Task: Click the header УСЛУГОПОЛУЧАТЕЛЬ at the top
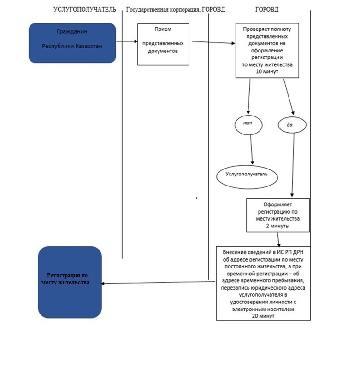pos(85,10)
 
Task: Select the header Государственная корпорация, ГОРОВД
pos(176,10)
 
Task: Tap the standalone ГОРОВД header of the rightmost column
pos(267,10)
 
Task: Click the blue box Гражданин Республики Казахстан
pos(72,43)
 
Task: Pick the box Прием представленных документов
pos(163,45)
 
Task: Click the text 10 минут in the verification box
pos(267,71)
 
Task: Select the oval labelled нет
pos(248,125)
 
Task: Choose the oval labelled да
pos(292,125)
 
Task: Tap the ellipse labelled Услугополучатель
pos(247,177)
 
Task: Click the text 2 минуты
pos(277,226)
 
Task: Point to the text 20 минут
pos(263,316)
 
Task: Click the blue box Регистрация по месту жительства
pos(70,282)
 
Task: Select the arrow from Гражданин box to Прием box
pos(127,41)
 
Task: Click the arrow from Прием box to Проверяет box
pos(213,42)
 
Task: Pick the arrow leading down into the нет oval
pos(249,97)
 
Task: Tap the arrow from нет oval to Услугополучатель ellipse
pos(252,150)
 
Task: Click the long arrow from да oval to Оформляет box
pos(293,165)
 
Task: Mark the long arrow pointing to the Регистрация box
pos(159,283)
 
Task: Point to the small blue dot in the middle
pos(196,198)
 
